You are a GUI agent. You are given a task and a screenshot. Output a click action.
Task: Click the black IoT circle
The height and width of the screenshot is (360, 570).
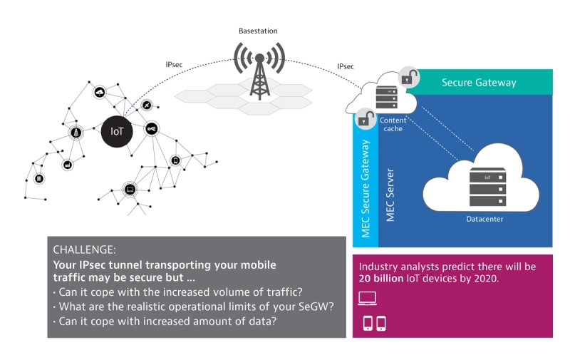click(116, 132)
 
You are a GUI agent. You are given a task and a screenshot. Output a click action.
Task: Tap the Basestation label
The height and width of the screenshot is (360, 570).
click(258, 31)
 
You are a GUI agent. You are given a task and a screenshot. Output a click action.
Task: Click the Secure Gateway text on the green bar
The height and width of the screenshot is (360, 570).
click(479, 83)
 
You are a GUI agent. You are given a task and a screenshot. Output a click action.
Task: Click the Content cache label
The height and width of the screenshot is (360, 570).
click(393, 125)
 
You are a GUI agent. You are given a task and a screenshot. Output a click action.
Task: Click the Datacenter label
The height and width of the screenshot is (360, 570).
click(484, 219)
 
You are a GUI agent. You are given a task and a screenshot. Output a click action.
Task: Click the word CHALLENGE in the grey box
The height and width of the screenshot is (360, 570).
click(84, 250)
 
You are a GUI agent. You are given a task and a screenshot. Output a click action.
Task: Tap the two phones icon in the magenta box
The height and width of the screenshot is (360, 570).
click(374, 323)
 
